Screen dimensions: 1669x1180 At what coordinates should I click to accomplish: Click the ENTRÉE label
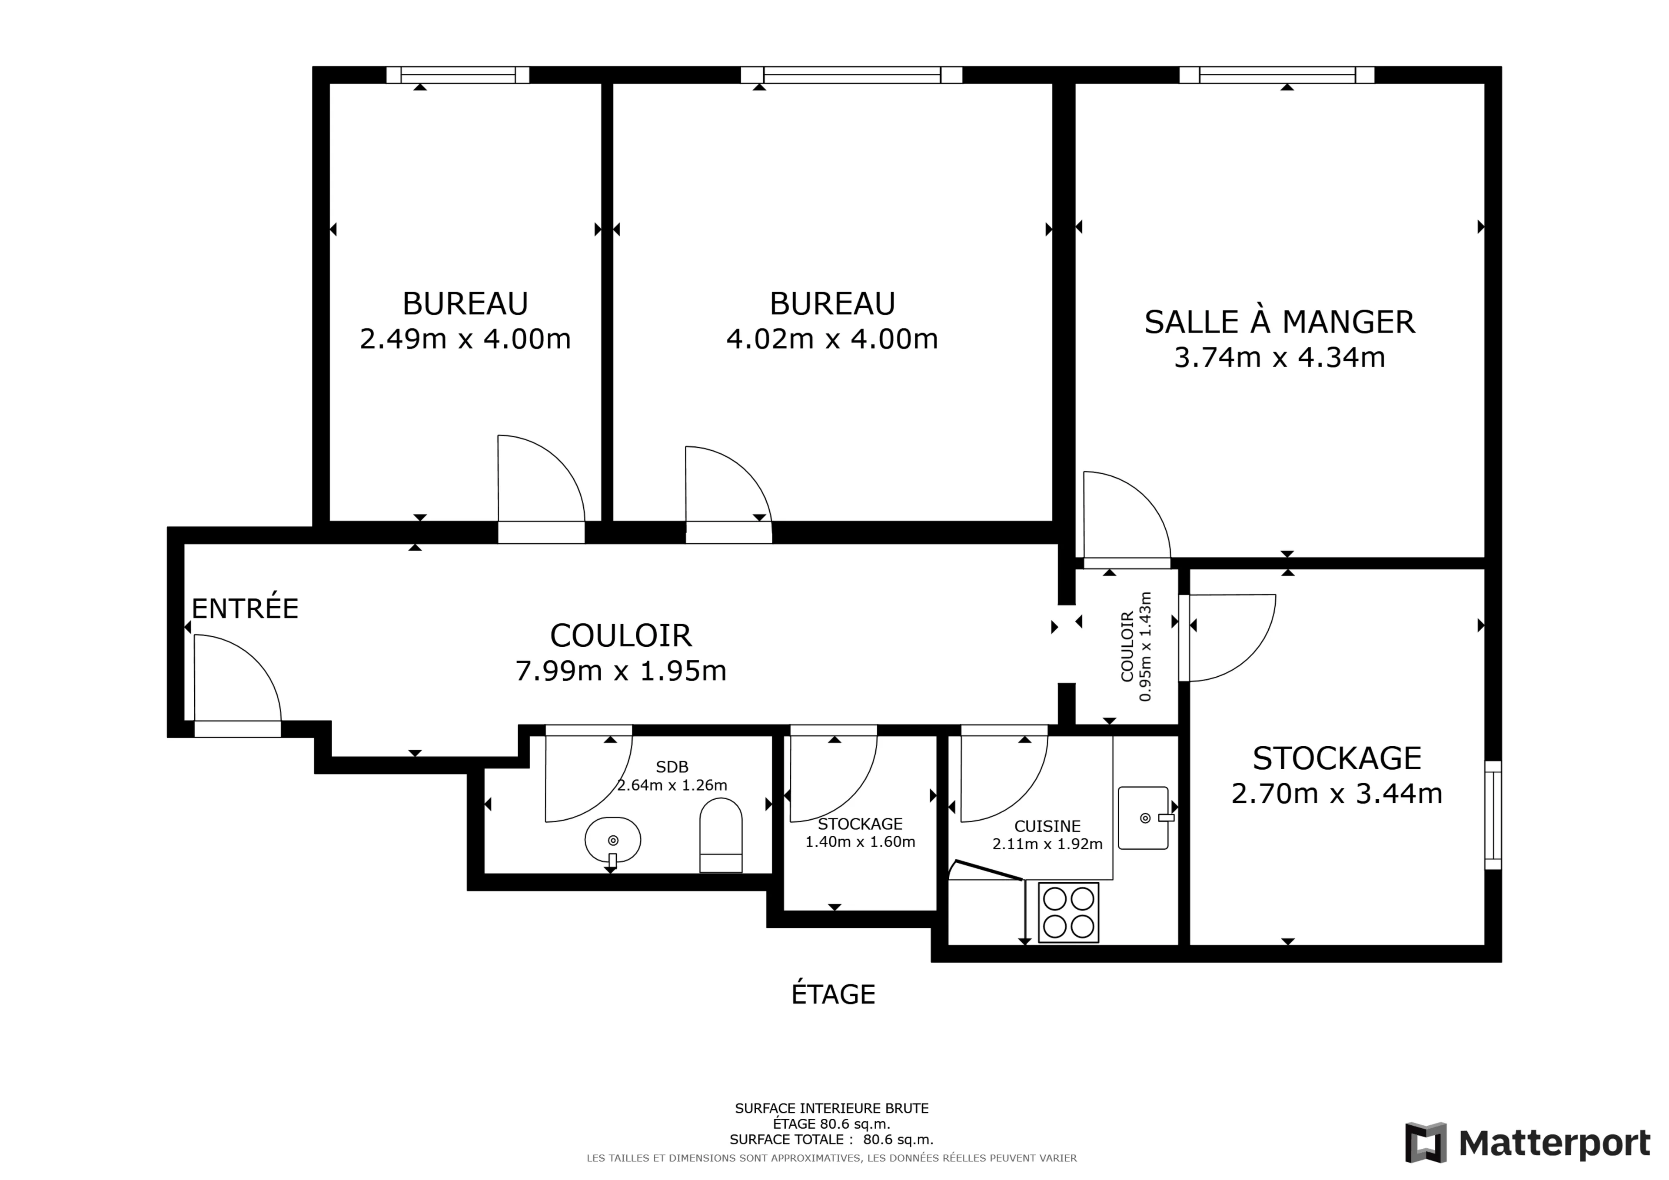[x=245, y=608]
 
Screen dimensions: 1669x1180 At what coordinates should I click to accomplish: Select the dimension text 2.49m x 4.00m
[x=465, y=339]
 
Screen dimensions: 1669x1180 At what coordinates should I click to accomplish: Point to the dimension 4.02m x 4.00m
[x=832, y=339]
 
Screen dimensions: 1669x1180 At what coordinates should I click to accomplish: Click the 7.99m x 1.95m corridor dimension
[x=621, y=670]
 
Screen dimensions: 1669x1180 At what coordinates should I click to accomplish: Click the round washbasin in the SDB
[x=613, y=841]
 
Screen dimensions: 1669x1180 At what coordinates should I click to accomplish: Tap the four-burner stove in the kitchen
[x=1068, y=912]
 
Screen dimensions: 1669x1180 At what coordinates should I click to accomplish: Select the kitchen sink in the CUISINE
[x=1144, y=818]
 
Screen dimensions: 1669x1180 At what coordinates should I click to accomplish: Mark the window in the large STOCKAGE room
[x=1493, y=815]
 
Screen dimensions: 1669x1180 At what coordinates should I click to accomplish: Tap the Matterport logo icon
[x=1426, y=1142]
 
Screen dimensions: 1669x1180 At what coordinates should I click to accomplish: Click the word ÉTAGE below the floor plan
[x=833, y=994]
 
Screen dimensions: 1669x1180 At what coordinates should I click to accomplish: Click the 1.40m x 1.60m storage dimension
[x=860, y=842]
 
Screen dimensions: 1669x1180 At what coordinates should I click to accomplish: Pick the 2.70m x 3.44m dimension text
[x=1337, y=793]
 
